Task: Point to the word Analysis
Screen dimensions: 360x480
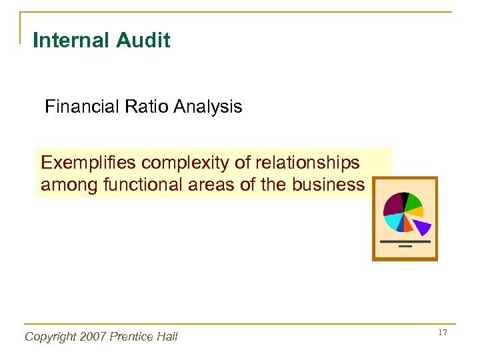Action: (206, 107)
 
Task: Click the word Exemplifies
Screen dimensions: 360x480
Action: (86, 163)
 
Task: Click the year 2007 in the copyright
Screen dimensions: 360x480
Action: (86, 337)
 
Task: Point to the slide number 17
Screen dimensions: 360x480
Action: (442, 332)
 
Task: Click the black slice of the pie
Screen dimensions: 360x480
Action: (404, 197)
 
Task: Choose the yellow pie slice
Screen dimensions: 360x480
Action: (417, 213)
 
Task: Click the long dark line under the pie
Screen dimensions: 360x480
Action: (405, 241)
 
